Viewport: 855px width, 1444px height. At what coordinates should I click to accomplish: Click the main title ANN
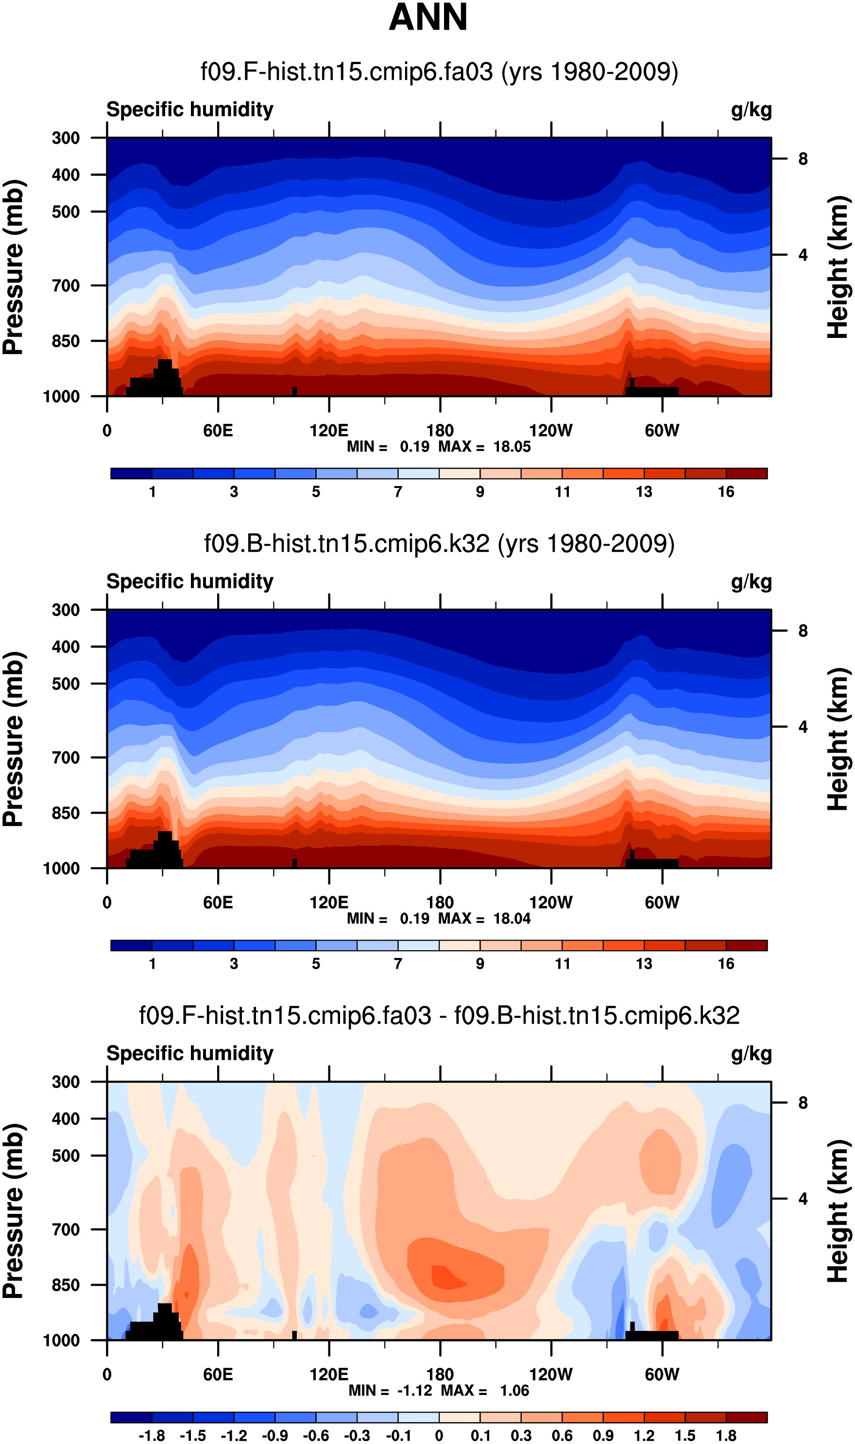coord(428,17)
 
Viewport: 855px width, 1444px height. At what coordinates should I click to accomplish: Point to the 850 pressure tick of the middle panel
coord(66,813)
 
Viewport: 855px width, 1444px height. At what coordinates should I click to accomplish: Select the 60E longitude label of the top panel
coord(218,431)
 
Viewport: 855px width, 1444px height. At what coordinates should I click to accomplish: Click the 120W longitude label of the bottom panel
coord(551,1375)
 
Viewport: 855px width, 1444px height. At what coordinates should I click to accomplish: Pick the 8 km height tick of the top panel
coord(803,159)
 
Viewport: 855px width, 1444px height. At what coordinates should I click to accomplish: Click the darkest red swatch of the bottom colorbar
coord(747,1417)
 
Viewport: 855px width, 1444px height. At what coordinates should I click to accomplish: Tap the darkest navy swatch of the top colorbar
coord(131,474)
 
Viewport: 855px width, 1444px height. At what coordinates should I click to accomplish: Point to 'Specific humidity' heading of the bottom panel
coord(190,1054)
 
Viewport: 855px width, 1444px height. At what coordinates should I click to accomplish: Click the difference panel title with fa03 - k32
coord(439,1016)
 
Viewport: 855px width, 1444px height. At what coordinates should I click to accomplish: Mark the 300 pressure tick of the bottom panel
coord(66,1082)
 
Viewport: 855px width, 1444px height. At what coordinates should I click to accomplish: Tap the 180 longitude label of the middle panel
coord(440,902)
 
